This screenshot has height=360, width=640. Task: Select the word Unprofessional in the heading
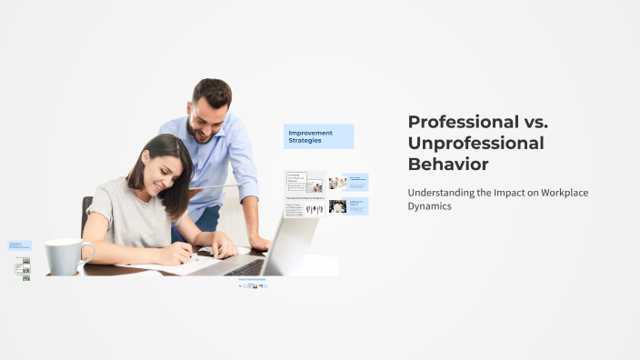[x=475, y=144]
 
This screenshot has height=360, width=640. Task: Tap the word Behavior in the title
[x=448, y=165]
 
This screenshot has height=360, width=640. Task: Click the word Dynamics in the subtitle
[x=429, y=206]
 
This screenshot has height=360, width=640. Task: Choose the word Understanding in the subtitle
[x=439, y=193]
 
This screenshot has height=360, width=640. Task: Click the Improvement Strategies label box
[x=318, y=136]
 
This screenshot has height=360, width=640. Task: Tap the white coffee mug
[x=65, y=256]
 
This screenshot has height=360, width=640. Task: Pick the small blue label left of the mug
[x=20, y=245]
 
